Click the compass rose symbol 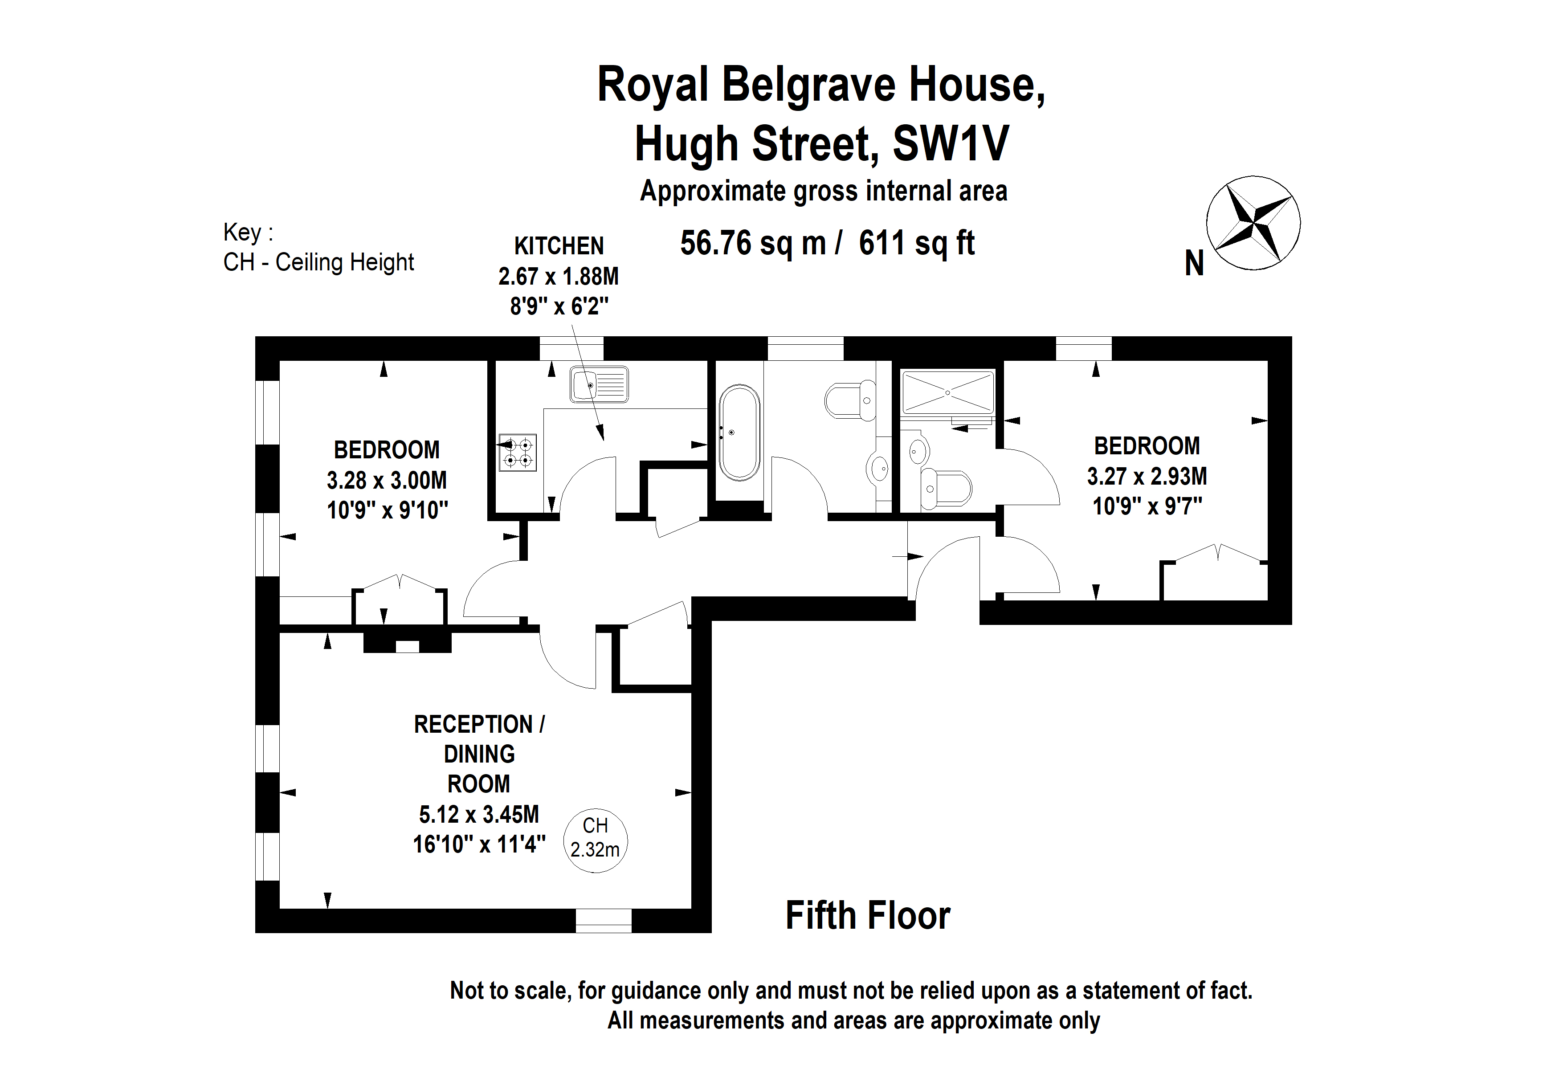1253,223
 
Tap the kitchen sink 598,384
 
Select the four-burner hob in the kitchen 517,453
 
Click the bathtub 739,432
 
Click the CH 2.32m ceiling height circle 595,841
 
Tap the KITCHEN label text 559,246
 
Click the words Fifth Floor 867,915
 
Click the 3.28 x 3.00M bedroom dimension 386,480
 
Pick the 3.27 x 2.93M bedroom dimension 1147,476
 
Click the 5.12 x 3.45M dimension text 479,814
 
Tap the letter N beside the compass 1194,263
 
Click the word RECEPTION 473,724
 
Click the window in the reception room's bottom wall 603,921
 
